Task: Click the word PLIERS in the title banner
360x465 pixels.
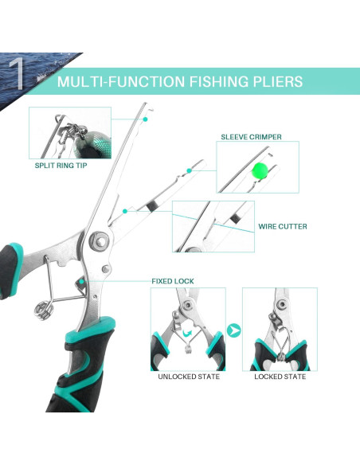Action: (x=277, y=81)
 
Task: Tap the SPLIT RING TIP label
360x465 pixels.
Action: (x=61, y=166)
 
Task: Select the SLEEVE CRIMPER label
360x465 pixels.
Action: (x=251, y=137)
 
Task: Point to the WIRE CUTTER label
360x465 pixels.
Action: (x=283, y=227)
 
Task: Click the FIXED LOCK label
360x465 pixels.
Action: (x=173, y=281)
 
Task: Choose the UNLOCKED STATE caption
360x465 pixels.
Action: (x=189, y=377)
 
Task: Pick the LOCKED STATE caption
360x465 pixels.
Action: (x=280, y=377)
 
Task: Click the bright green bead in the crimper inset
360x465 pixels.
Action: (x=260, y=170)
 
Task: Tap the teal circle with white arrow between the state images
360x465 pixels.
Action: (x=234, y=330)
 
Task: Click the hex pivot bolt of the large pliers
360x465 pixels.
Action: (x=100, y=242)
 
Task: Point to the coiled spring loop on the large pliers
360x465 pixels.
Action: (x=44, y=311)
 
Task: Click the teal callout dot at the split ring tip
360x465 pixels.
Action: (x=145, y=119)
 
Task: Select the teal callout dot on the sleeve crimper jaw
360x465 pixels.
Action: (x=189, y=170)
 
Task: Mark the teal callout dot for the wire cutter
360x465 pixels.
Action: (x=125, y=211)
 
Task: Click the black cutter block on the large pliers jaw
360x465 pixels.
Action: (x=152, y=205)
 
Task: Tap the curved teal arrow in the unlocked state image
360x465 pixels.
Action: (x=187, y=333)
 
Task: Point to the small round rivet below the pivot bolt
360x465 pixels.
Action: (x=106, y=269)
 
